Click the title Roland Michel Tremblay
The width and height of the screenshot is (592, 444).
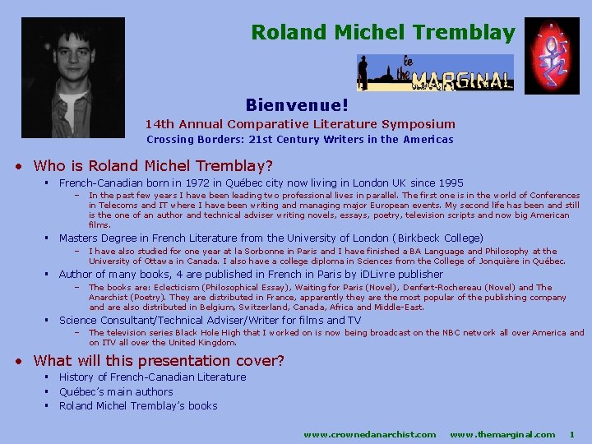(x=383, y=33)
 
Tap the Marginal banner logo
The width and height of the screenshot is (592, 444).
(x=435, y=72)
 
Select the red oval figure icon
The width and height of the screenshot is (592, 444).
(x=552, y=55)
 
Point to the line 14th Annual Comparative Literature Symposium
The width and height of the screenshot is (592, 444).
(x=300, y=124)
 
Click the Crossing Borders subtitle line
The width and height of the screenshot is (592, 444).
(x=299, y=140)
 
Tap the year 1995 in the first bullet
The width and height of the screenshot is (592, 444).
(x=450, y=183)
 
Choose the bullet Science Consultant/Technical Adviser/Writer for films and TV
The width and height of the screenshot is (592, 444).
(x=210, y=320)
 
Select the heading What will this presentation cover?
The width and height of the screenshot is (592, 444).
(x=159, y=360)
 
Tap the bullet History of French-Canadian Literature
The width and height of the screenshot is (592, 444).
(x=152, y=377)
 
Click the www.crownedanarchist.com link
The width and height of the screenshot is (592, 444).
(x=370, y=433)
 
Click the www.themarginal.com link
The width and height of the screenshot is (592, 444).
(x=502, y=433)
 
